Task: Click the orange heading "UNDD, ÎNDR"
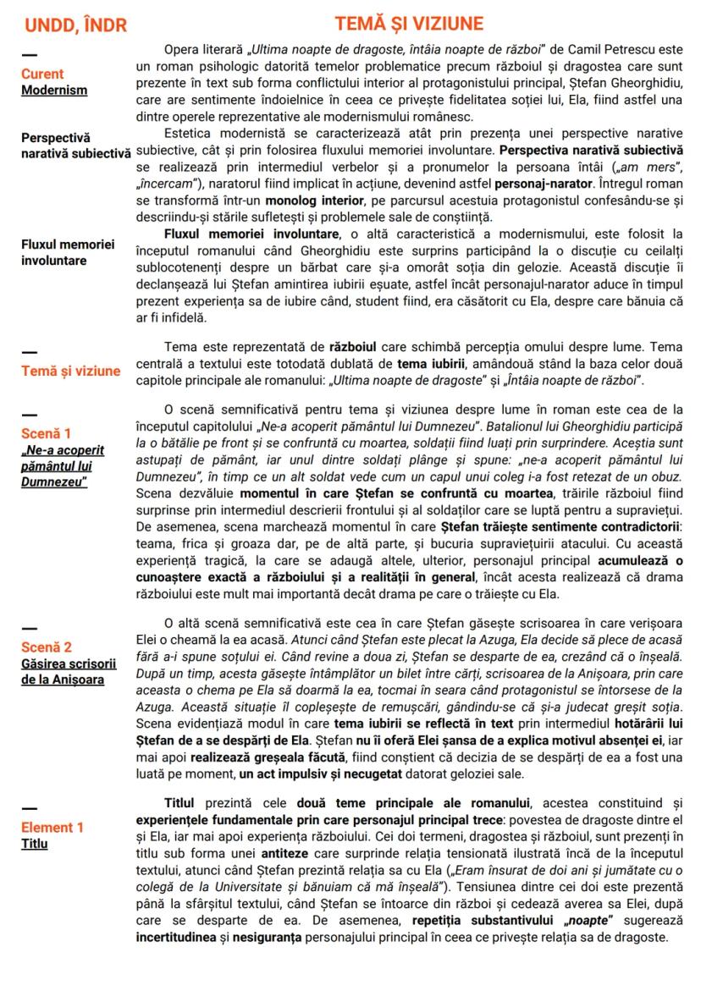[x=75, y=26]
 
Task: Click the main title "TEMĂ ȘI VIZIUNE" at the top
[x=409, y=23]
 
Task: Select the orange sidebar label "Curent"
[x=42, y=74]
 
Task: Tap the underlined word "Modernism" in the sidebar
[x=54, y=89]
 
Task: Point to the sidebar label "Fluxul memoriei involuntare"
[x=67, y=252]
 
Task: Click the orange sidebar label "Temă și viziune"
[x=71, y=371]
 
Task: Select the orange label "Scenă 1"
[x=47, y=434]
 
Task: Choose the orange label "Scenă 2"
[x=47, y=647]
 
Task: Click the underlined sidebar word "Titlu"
[x=36, y=843]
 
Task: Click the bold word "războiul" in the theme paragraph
[x=360, y=346]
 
